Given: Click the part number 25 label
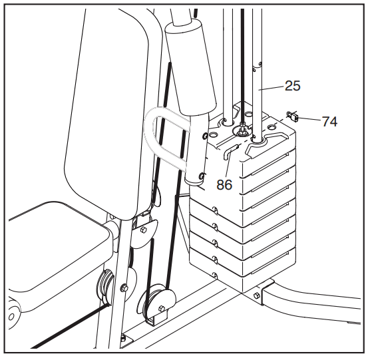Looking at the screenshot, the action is [293, 85].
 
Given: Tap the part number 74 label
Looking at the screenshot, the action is [330, 121].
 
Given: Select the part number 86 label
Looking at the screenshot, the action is [224, 184].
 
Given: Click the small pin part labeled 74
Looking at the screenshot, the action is [293, 116].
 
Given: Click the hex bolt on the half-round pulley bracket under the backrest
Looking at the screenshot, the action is [143, 230].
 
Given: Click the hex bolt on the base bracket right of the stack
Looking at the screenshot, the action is [257, 295].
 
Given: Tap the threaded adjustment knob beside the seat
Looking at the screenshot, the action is [105, 283].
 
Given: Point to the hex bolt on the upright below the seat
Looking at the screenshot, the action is [124, 287].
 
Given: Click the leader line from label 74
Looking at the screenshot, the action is [309, 119].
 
